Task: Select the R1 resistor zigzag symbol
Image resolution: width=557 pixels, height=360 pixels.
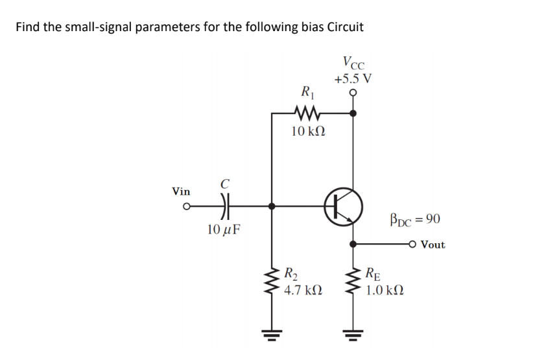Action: tap(304, 113)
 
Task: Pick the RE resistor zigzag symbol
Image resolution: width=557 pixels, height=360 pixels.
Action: tap(353, 280)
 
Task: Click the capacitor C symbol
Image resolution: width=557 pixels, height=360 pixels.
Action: tap(225, 206)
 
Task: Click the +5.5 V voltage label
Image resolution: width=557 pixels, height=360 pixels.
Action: tap(353, 79)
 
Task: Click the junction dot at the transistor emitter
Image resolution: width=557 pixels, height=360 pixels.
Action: tap(353, 245)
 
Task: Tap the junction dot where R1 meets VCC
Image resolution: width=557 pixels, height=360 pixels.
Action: tap(353, 113)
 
